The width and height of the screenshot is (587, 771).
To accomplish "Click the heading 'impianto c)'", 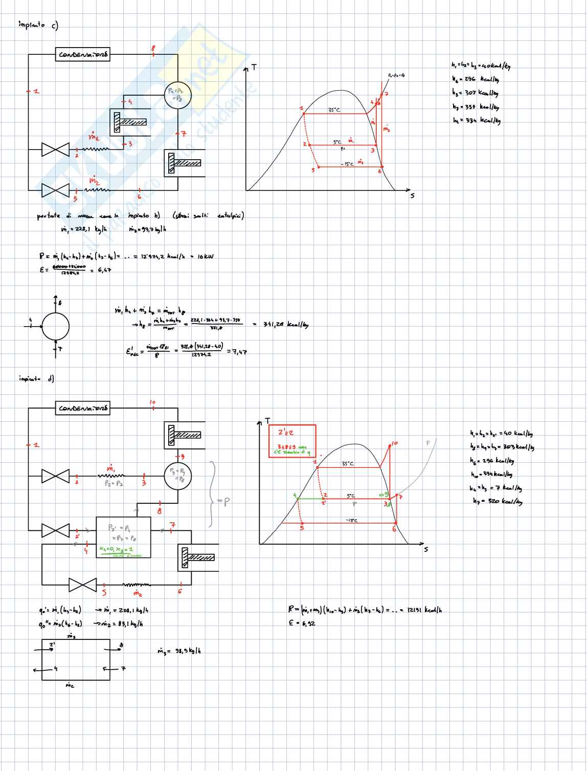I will point(38,25).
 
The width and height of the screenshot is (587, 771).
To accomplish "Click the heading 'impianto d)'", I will point(36,379).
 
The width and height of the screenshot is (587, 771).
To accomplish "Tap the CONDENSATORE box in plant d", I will point(82,409).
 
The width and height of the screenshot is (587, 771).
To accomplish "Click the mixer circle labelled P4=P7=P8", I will point(177,95).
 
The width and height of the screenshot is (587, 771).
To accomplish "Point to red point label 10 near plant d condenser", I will point(152,402).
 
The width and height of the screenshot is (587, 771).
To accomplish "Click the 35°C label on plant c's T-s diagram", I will point(334,110).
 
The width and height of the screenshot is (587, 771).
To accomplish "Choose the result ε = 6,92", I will point(302,623).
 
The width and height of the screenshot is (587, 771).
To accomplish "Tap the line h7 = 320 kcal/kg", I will point(497,501).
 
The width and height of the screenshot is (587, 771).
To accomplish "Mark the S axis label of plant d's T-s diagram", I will point(425,549).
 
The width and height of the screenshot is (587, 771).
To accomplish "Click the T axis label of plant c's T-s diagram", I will point(253,68).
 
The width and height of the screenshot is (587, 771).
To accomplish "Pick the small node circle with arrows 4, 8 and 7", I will point(55,326).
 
